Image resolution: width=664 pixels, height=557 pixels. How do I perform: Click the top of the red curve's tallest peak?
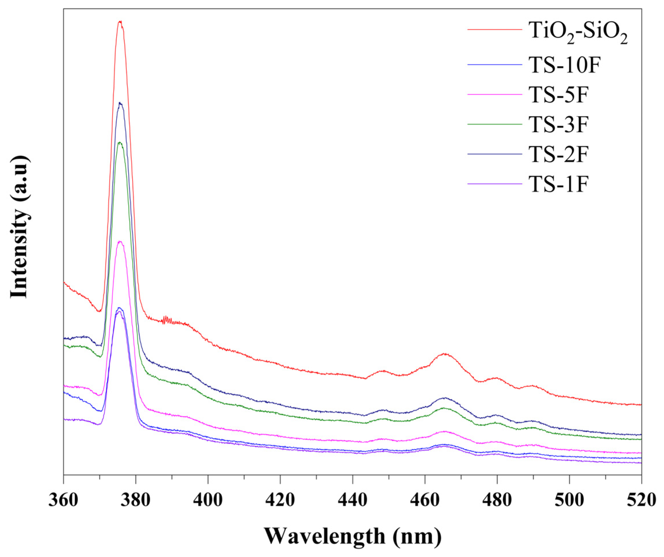pos(120,22)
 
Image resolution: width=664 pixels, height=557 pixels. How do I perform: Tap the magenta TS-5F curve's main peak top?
pos(119,241)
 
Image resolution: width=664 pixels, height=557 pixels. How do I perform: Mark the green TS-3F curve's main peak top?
pos(119,143)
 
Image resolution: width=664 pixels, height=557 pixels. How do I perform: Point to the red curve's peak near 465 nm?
pos(445,354)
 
